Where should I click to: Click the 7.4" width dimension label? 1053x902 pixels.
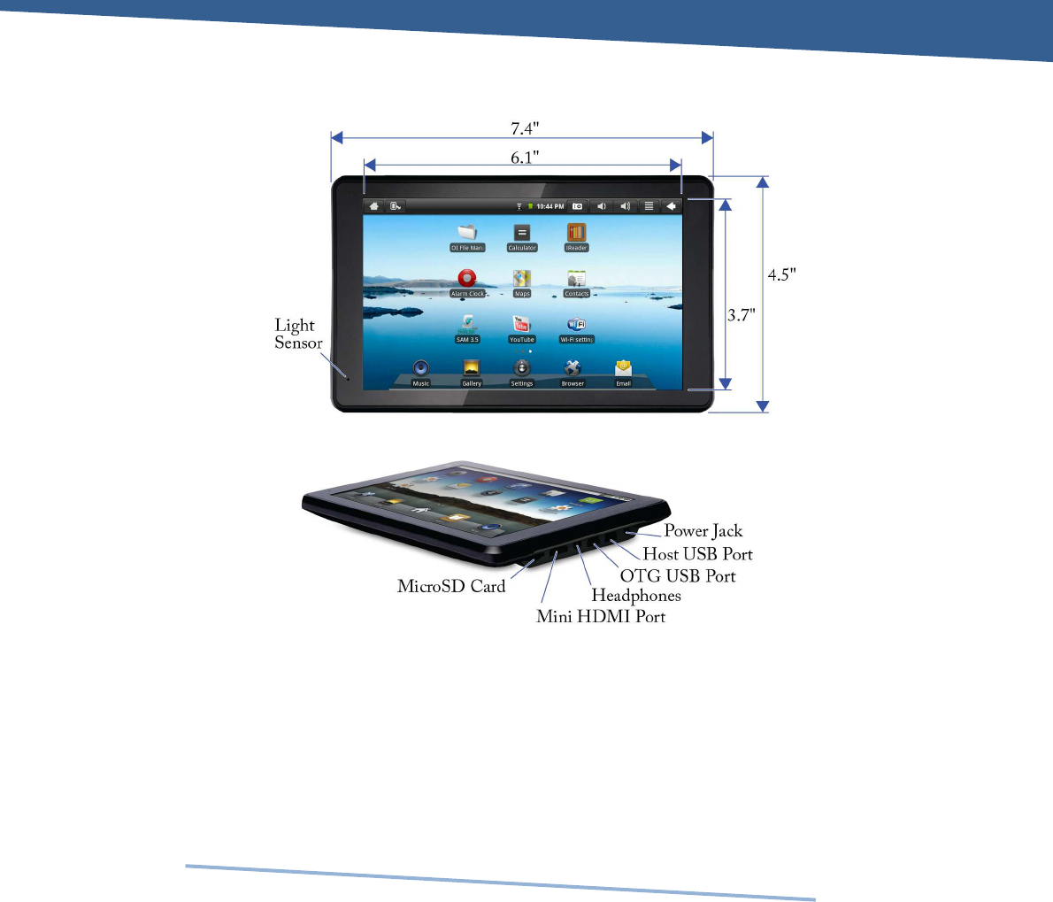pos(524,128)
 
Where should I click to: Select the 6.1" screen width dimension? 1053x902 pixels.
pos(524,157)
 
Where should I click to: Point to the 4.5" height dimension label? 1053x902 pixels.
pos(781,274)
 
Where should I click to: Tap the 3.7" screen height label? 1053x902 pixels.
pos(742,314)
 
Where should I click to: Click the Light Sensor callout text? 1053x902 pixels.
pos(297,335)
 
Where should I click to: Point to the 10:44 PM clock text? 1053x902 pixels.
pos(550,206)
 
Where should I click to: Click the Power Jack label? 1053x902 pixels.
pos(703,531)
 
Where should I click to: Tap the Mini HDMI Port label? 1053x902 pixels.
pos(601,616)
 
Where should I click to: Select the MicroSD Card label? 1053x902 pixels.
pos(451,586)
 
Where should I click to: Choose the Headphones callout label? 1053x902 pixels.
pos(636,596)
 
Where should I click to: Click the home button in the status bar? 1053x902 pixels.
pos(375,206)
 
